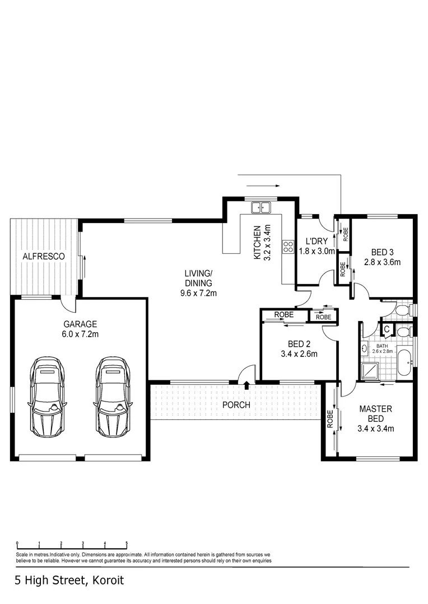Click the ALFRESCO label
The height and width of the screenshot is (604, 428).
tap(44, 256)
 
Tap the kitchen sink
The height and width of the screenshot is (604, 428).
tap(261, 207)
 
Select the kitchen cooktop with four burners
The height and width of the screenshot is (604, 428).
tap(288, 246)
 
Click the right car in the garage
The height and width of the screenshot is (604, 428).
tap(113, 397)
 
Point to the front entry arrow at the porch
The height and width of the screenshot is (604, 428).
tap(246, 385)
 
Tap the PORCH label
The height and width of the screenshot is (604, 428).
tap(236, 405)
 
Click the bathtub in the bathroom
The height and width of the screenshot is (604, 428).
tap(405, 363)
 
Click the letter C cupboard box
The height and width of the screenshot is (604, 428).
tap(387, 329)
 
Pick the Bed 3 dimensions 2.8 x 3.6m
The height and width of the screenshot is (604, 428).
tap(382, 262)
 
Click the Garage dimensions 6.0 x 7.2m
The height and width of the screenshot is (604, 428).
tap(80, 334)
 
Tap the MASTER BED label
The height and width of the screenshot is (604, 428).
tap(375, 414)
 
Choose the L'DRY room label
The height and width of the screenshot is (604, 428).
tap(317, 242)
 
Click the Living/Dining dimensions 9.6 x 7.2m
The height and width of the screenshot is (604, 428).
tap(198, 293)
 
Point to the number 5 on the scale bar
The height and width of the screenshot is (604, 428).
tap(127, 544)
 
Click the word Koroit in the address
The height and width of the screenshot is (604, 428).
tap(108, 580)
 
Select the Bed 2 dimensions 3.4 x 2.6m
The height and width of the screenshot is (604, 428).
tap(299, 353)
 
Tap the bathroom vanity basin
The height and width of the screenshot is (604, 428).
tap(365, 349)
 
